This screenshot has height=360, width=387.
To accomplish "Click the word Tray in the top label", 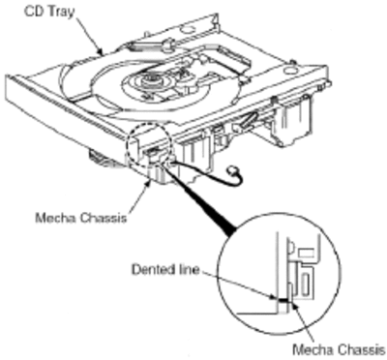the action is pos(63,12).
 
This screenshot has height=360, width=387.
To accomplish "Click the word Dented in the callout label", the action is pos(151,269).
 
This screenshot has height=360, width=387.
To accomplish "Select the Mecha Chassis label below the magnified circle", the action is pos(339,349).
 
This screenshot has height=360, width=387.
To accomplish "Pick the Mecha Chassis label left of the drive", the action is pos(81,218).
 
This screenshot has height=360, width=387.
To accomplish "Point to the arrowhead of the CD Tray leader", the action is pos(101,52).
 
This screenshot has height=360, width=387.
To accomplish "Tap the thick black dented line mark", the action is pos(283,300).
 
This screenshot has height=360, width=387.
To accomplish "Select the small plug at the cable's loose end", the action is pos(231,169).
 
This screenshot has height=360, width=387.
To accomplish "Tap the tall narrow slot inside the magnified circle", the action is pos(304,285).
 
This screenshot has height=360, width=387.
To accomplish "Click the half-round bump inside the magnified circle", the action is pos(290,247).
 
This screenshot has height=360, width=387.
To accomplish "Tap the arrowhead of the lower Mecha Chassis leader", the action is pos(296,304).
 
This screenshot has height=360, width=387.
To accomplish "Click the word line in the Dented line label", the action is pos(188,269).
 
